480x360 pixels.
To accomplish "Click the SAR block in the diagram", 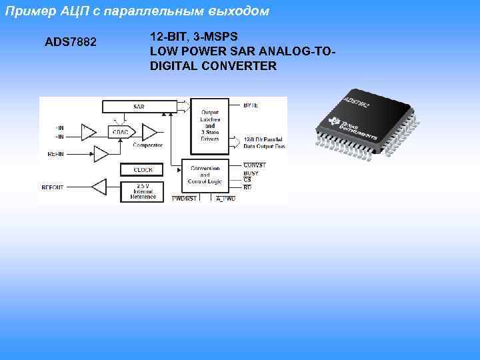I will [139, 106].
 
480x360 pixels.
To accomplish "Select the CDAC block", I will [121, 132].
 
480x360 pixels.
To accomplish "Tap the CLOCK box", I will [143, 170].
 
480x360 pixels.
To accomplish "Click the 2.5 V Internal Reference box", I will [143, 191].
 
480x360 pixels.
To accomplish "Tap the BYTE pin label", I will [251, 105].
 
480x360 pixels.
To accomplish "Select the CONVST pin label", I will [253, 165].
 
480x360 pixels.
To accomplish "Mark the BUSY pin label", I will [251, 173].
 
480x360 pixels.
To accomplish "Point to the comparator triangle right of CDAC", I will [150, 131].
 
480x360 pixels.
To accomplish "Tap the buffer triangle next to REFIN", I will [101, 154].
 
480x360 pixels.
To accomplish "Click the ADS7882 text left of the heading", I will [71, 43].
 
